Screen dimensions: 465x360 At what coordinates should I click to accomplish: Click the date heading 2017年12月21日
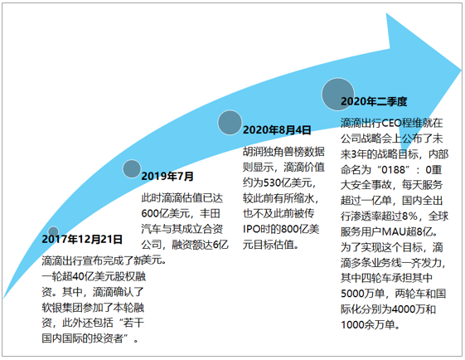(x=82, y=239)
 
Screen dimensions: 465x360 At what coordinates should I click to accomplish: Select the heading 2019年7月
(x=167, y=177)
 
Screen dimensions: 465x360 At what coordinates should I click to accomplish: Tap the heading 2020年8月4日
(x=277, y=130)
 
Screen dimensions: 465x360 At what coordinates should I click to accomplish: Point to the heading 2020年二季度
(x=374, y=101)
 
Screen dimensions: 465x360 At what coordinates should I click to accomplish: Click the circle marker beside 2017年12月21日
(x=53, y=231)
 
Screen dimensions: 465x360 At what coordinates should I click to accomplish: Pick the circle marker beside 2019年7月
(x=132, y=168)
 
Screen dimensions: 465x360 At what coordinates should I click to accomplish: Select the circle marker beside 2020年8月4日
(x=230, y=122)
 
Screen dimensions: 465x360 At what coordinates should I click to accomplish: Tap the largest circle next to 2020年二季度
(x=338, y=94)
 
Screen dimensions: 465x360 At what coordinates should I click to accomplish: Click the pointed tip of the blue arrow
(x=462, y=71)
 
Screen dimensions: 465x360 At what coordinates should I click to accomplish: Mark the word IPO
(x=252, y=229)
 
